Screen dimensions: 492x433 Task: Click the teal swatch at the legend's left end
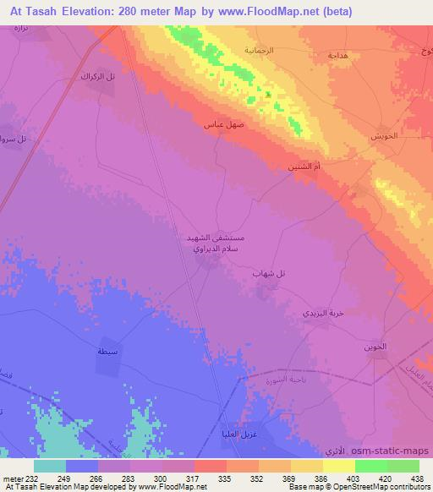tap(50, 466)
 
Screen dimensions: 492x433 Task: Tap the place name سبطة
tap(107, 350)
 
